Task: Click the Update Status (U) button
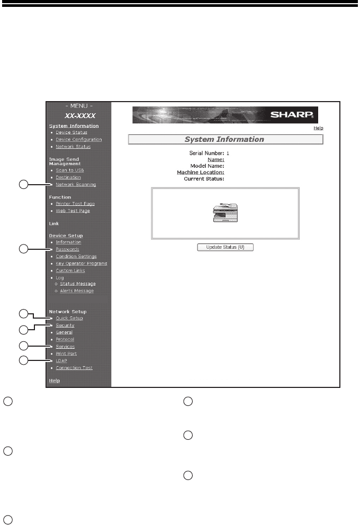tap(224, 247)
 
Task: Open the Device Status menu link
tap(71, 132)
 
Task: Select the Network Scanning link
tap(76, 185)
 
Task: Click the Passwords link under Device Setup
tap(67, 249)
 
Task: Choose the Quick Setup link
tap(69, 318)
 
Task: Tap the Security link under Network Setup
tap(65, 325)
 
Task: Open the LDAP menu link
tap(61, 361)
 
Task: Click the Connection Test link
tap(74, 368)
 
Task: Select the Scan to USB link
tap(70, 170)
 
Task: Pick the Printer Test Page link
tap(75, 204)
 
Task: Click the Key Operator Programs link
tap(82, 263)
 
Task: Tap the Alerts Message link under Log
tap(77, 291)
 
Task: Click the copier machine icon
tap(224, 213)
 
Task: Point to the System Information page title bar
tap(225, 140)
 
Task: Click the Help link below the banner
tap(318, 128)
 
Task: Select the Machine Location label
tap(201, 172)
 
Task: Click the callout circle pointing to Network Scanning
tap(23, 185)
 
